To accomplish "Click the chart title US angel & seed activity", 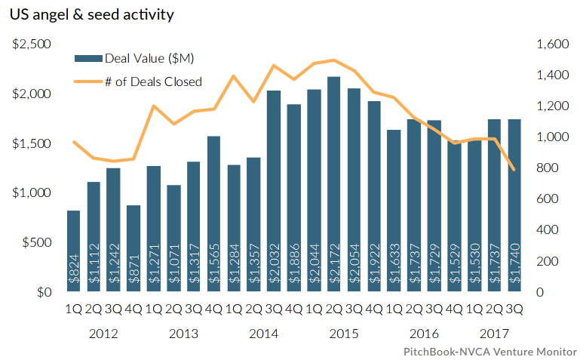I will click(87, 15).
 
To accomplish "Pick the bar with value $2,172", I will click(333, 185).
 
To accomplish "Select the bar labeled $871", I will click(133, 249).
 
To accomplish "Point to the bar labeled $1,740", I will click(514, 206).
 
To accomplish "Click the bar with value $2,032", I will click(273, 192).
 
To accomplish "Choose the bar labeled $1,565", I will click(213, 214).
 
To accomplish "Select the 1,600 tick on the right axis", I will click(551, 45).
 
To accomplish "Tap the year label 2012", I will click(104, 334).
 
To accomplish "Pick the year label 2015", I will click(344, 334).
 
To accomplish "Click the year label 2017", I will click(494, 334).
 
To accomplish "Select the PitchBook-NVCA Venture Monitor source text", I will click(489, 352).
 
